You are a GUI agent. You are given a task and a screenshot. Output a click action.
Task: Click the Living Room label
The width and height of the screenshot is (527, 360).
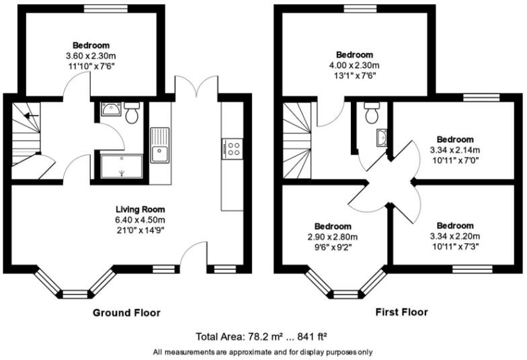(140, 210)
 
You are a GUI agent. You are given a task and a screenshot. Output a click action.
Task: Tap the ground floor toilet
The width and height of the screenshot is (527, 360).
(132, 111)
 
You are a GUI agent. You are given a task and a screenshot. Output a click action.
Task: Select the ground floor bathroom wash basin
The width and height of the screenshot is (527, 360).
(111, 109)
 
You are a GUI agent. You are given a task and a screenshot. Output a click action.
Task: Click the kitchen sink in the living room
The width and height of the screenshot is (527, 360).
(160, 145)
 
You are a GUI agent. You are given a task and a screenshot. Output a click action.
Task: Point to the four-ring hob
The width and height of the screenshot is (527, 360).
(233, 149)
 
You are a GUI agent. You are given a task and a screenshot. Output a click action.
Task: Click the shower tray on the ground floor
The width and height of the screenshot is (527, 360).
(122, 167)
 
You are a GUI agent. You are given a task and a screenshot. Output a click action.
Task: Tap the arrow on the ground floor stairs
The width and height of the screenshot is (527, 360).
(31, 116)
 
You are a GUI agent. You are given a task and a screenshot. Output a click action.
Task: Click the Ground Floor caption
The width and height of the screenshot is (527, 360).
(126, 313)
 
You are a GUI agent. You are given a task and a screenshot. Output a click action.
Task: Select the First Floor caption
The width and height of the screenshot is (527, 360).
(402, 312)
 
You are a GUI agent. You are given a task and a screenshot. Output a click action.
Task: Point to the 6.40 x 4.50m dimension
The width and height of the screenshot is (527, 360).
(140, 220)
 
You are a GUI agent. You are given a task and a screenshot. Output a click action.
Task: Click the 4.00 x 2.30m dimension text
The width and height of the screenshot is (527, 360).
(354, 65)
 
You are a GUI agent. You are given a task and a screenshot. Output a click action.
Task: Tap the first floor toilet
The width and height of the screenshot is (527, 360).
(372, 112)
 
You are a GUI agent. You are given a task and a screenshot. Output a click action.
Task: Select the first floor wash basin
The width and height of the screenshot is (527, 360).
(382, 138)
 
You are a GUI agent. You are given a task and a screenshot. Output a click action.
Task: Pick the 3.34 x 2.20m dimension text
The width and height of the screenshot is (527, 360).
(454, 236)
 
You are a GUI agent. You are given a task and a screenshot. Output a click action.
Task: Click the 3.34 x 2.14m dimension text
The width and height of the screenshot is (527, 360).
(454, 150)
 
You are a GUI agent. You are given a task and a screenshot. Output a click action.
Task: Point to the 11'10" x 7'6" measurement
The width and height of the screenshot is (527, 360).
(91, 66)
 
